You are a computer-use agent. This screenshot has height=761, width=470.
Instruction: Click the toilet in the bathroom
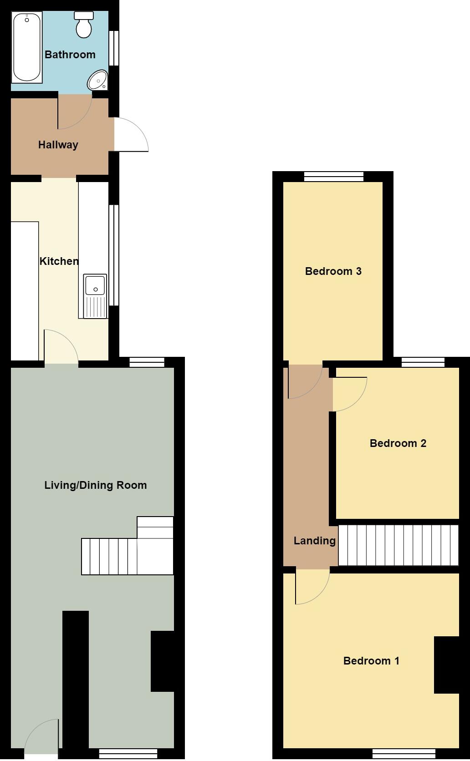(x=83, y=25)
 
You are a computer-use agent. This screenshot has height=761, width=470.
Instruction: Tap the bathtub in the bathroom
(x=27, y=47)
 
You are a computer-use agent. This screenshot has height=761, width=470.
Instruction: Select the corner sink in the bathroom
(x=98, y=81)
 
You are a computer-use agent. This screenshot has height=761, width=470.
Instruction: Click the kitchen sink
(x=95, y=295)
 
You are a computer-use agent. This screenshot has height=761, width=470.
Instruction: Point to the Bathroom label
(x=70, y=55)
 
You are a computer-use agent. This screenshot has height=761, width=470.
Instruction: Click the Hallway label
(x=58, y=145)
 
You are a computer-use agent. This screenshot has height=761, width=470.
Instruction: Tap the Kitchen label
(x=59, y=261)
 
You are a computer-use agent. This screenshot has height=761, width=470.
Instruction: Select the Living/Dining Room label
(x=96, y=485)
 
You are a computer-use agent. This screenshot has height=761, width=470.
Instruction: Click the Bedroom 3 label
(x=333, y=271)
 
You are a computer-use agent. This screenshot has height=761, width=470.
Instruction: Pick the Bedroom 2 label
(x=398, y=443)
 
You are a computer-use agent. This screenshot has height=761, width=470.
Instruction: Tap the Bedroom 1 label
(x=371, y=661)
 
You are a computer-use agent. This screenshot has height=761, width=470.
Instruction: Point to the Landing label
(x=314, y=541)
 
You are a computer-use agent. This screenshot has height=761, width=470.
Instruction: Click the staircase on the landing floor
(x=398, y=545)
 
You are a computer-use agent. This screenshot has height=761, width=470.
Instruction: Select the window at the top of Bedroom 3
(x=334, y=177)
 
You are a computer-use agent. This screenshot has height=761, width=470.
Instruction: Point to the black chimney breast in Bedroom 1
(x=446, y=665)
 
